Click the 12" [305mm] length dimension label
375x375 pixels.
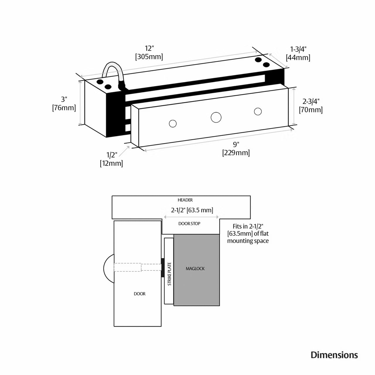coord(149,52)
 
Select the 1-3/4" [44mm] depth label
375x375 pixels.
coord(298,53)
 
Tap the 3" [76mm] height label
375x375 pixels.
coord(64,104)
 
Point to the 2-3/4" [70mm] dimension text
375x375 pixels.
coord(311,106)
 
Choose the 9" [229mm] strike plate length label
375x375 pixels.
coord(236,149)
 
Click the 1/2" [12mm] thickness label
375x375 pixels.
coord(111,159)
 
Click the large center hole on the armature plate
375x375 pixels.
coord(216,117)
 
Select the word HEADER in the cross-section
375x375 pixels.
coord(185,200)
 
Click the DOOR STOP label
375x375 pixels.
coord(189,224)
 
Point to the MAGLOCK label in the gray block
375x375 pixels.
coord(195,269)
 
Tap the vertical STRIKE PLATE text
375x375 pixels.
coord(169,274)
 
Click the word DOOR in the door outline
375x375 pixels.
coord(139,294)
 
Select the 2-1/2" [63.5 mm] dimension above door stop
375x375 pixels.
coord(192,210)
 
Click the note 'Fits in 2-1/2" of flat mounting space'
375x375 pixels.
coord(248,233)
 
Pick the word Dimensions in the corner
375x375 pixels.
coord(334,355)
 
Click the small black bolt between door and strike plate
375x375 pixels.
coord(163,267)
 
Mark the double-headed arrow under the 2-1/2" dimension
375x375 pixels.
coord(191,217)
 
